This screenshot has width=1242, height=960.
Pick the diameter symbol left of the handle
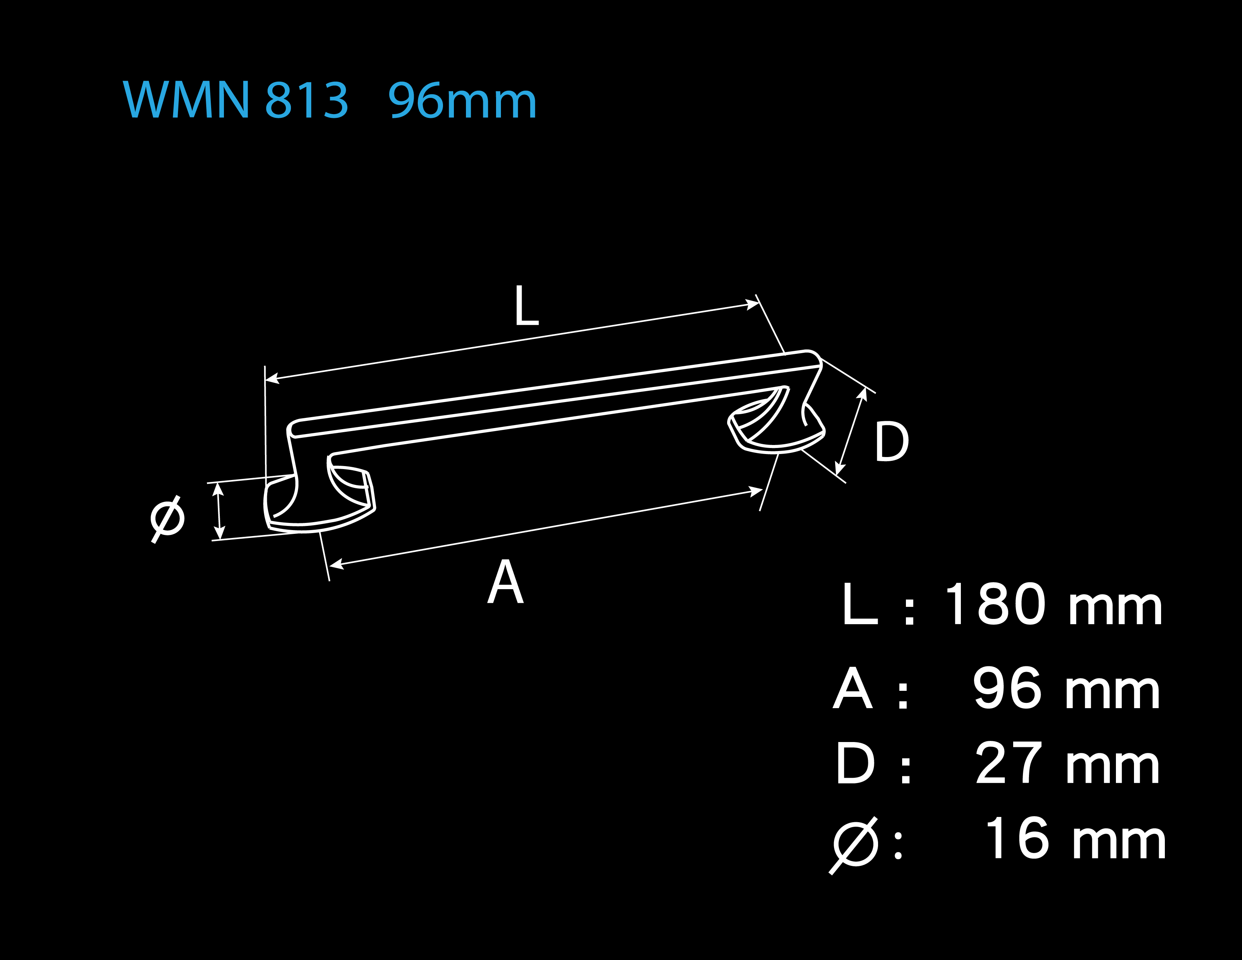167,519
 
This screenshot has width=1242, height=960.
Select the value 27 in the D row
1009,763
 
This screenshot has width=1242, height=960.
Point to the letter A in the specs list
852,688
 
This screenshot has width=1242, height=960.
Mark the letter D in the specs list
855,763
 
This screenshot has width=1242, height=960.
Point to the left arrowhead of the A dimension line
337,565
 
